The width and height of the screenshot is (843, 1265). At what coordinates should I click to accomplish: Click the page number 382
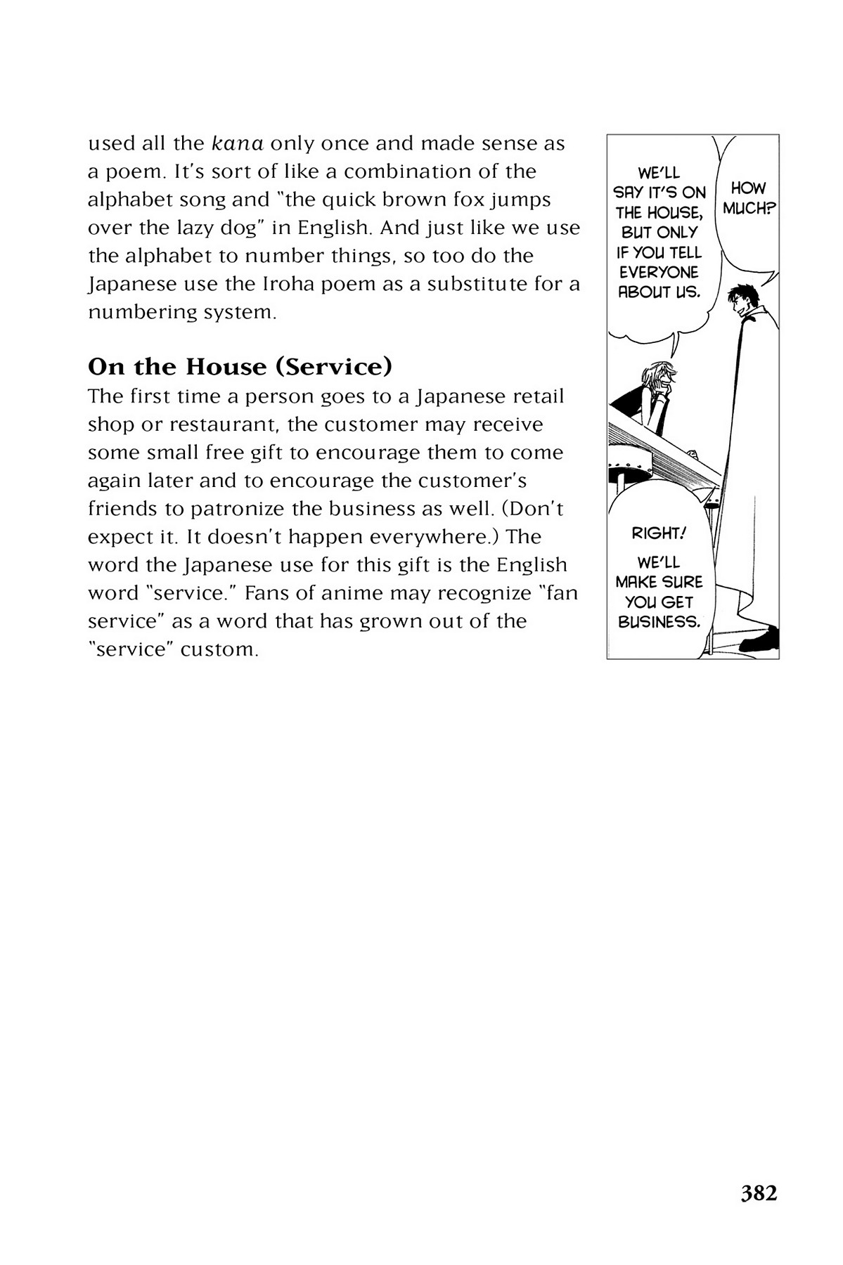759,1193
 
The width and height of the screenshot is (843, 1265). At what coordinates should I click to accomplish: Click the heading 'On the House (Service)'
240,367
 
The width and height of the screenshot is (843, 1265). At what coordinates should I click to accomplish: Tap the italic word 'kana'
237,143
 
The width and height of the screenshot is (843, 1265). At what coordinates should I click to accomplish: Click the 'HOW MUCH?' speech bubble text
748,198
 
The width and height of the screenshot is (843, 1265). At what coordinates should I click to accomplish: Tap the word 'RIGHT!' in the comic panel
658,533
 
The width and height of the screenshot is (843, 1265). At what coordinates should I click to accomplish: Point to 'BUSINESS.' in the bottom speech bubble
659,622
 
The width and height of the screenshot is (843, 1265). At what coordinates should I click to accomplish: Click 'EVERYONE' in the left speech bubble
659,272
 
